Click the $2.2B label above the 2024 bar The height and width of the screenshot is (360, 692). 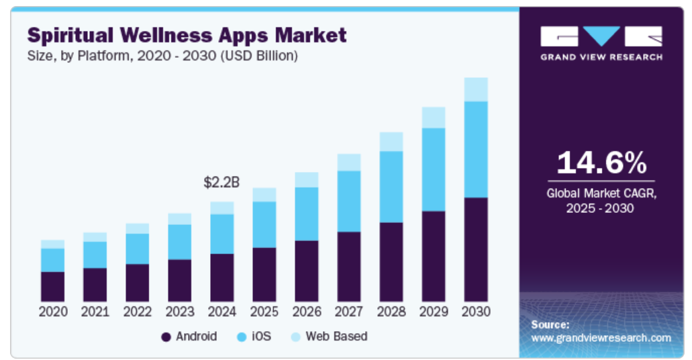click(221, 182)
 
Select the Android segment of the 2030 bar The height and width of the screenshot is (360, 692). click(476, 250)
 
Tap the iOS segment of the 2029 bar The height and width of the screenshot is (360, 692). click(434, 170)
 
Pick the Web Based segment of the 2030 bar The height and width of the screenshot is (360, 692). click(476, 90)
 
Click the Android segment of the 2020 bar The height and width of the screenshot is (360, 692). click(52, 287)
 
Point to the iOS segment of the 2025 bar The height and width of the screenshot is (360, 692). click(264, 224)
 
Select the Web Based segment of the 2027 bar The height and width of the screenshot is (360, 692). click(349, 163)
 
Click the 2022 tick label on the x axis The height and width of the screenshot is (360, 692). click(137, 312)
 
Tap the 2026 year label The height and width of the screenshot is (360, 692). click(307, 312)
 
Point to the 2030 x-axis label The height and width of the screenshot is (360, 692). click(476, 312)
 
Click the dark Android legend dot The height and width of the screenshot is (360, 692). click(166, 337)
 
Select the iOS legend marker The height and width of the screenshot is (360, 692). click(242, 337)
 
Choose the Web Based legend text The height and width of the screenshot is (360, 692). click(336, 336)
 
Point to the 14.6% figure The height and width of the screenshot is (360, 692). click(601, 163)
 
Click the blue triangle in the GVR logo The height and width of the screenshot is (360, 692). click(601, 34)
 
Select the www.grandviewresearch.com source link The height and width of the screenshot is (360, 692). click(601, 339)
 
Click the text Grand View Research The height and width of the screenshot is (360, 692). click(601, 57)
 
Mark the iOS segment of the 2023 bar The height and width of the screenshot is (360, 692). click(180, 242)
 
